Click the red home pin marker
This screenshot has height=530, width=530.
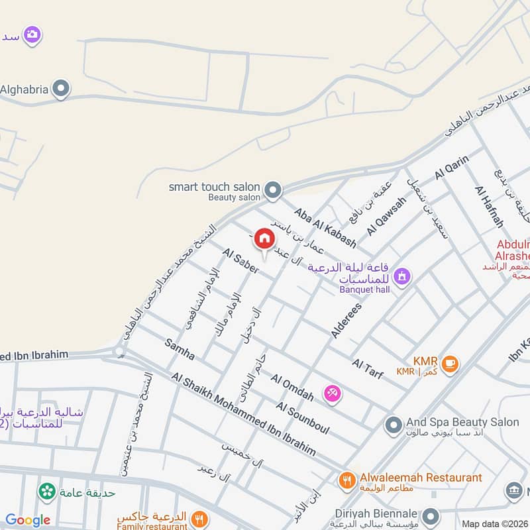coord(264,238)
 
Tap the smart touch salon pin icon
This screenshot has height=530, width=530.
coord(272,191)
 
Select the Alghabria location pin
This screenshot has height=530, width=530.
coord(61,89)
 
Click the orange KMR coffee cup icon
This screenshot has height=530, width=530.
coord(450,364)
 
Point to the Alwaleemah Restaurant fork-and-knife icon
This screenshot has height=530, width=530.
coord(346,480)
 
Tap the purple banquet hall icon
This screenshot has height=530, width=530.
coord(401,276)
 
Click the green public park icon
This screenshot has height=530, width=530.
coord(47,491)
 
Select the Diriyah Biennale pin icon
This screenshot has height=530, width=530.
coord(431,515)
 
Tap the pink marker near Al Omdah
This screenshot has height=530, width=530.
coord(332,394)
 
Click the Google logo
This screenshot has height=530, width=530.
coord(28,520)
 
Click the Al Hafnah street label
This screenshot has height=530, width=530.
coord(489,205)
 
